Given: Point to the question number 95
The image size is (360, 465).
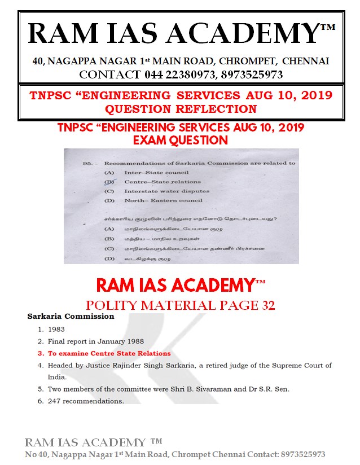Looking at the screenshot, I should point(87,163).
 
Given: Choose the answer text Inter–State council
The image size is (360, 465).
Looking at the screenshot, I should point(148,172).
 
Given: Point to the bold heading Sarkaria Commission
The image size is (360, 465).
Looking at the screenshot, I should point(71,317).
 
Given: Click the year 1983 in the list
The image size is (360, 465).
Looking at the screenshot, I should point(57,329).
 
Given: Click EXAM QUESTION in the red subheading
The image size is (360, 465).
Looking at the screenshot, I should point(181,139).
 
